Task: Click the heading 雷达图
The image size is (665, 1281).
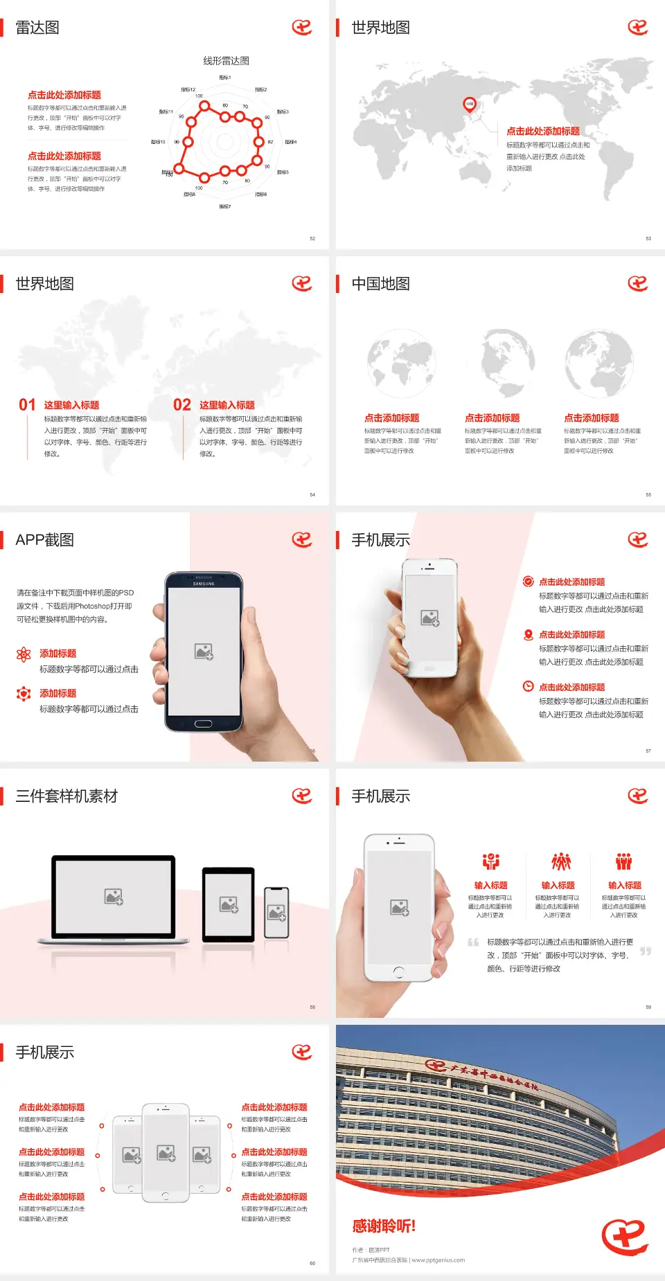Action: [x=37, y=28]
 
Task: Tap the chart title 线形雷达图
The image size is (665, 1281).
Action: [x=226, y=61]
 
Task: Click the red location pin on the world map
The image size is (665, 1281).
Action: [x=469, y=105]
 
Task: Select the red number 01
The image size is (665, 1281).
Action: [x=27, y=405]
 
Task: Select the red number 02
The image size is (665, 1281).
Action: [x=182, y=405]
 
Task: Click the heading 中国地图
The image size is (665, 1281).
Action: [x=380, y=284]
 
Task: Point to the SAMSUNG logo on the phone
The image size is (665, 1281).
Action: [x=204, y=584]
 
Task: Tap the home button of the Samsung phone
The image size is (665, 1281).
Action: [x=203, y=724]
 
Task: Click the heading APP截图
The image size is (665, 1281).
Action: [x=44, y=540]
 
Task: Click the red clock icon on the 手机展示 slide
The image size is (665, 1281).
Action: [x=528, y=686]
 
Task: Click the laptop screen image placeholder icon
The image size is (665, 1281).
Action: [x=114, y=897]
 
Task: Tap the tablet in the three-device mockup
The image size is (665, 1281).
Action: [x=229, y=904]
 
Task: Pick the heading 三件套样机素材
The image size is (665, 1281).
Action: [x=66, y=796]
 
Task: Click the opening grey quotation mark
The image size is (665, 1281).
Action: [x=473, y=942]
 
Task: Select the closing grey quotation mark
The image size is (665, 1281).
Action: [x=646, y=951]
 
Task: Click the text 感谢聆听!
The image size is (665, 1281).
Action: [x=384, y=1226]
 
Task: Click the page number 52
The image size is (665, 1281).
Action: [x=312, y=238]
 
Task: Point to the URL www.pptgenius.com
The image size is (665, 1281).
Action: [x=438, y=1260]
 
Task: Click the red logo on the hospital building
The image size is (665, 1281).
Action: [x=436, y=1065]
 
